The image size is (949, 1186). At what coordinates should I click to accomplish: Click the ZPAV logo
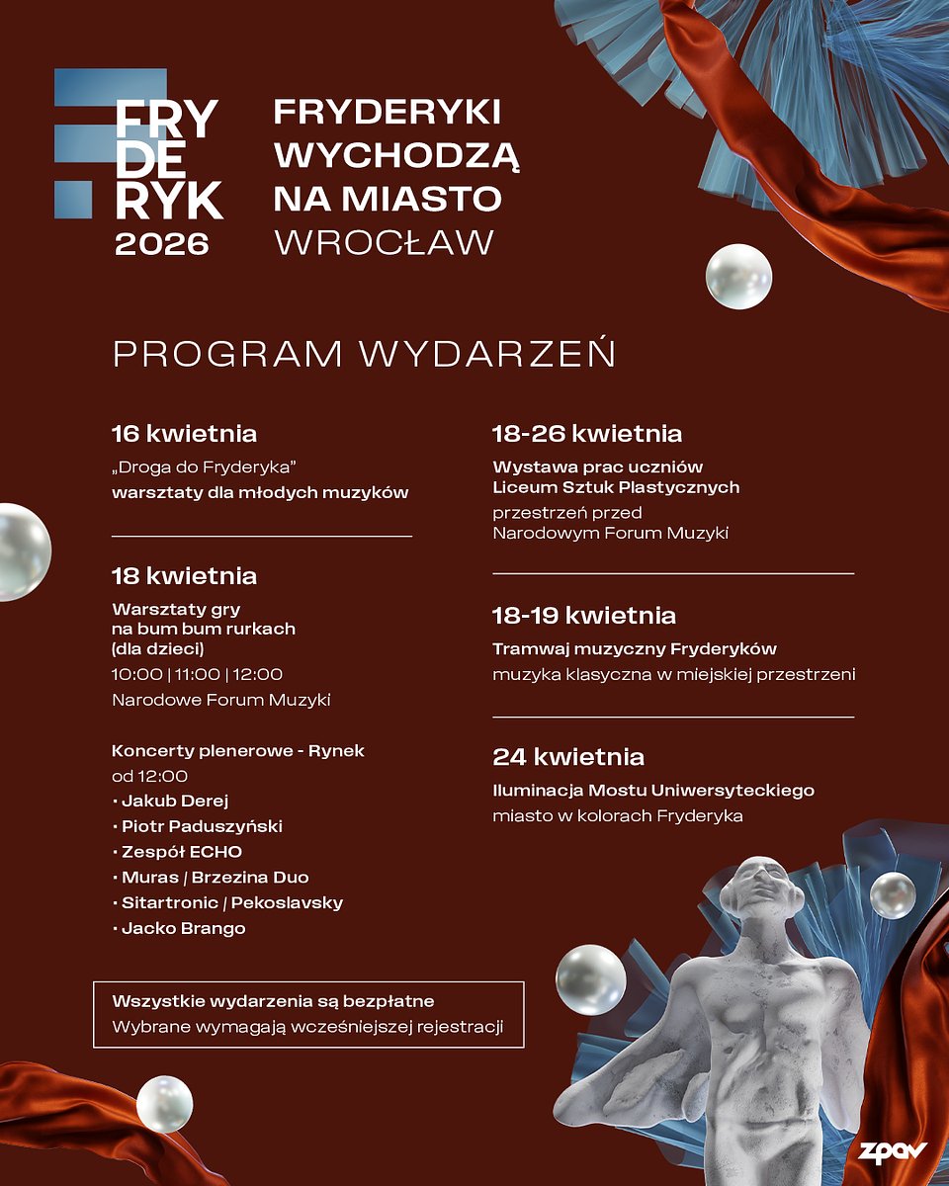click(893, 1152)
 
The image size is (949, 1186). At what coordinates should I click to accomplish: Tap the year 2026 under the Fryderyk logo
click(162, 243)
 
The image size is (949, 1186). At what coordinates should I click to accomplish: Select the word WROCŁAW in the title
click(385, 242)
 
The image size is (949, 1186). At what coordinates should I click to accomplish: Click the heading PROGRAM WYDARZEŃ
click(364, 354)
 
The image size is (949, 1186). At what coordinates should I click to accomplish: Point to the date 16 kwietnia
click(184, 433)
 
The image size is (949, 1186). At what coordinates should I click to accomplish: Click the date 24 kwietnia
click(568, 757)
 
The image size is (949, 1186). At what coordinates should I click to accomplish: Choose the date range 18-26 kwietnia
click(587, 433)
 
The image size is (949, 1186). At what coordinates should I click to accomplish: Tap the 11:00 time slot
click(197, 674)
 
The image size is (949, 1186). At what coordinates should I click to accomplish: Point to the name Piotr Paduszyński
click(202, 826)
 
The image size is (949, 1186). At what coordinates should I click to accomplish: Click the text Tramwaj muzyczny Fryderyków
click(635, 649)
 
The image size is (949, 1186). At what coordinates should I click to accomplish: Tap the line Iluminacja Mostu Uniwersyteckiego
click(653, 791)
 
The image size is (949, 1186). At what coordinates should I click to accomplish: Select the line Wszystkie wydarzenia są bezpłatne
click(274, 1001)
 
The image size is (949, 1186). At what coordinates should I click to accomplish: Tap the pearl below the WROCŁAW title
click(738, 277)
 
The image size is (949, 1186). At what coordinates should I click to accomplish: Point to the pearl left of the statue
click(590, 978)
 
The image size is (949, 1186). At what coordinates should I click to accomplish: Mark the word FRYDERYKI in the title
click(387, 113)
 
